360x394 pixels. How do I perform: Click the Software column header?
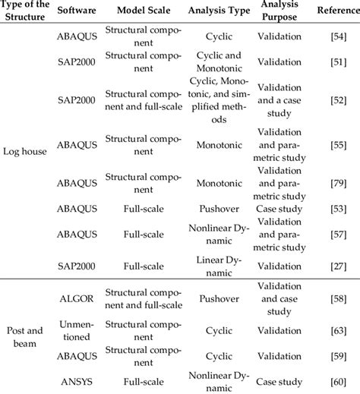(x=76, y=12)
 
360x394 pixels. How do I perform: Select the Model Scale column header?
(x=144, y=12)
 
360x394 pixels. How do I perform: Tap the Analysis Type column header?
(x=223, y=12)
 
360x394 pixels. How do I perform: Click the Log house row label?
(x=25, y=151)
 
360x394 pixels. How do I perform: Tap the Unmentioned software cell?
(x=76, y=330)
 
